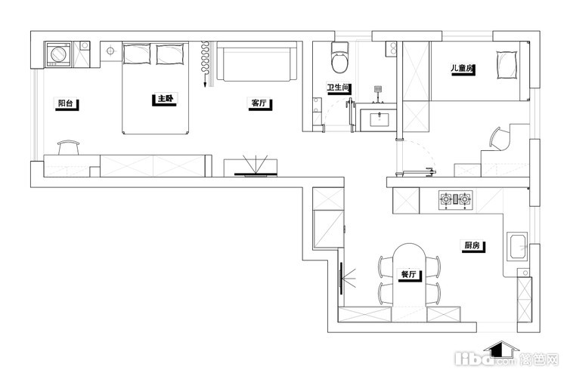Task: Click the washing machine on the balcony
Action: point(58,54)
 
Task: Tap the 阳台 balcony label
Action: point(66,103)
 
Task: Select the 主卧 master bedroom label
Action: point(166,99)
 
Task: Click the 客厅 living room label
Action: point(259,103)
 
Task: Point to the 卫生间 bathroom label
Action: point(338,87)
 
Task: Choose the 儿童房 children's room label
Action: point(462,68)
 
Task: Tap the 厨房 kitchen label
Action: point(472,245)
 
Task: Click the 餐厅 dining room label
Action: point(408,274)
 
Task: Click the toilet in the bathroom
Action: point(340,57)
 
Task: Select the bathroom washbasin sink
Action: point(380,119)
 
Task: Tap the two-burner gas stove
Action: point(456,200)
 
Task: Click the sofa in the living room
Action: point(257,61)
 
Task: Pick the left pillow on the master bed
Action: point(137,54)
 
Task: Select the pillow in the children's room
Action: point(507,65)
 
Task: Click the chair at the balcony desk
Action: point(68,147)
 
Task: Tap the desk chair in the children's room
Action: point(500,139)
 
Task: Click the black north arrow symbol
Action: point(500,350)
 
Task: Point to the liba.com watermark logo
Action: point(507,359)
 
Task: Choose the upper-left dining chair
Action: point(386,267)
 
